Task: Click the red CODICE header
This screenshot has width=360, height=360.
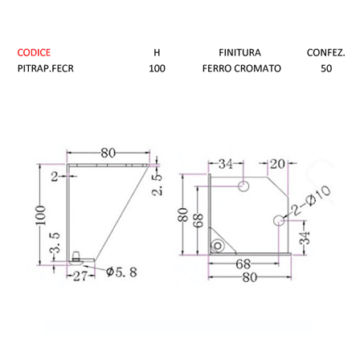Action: (34, 52)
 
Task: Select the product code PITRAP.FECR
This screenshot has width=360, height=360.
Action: (46, 68)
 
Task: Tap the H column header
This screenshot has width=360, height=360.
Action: (157, 53)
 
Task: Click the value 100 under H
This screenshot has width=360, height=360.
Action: (157, 68)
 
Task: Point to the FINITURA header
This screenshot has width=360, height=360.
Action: (239, 52)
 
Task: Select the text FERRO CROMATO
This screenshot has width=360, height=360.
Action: (242, 68)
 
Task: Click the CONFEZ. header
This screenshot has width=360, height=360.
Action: (326, 53)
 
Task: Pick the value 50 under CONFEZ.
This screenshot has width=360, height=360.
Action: (326, 68)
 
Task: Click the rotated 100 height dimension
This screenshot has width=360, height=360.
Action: (41, 215)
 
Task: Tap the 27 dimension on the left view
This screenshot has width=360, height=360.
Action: (80, 276)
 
